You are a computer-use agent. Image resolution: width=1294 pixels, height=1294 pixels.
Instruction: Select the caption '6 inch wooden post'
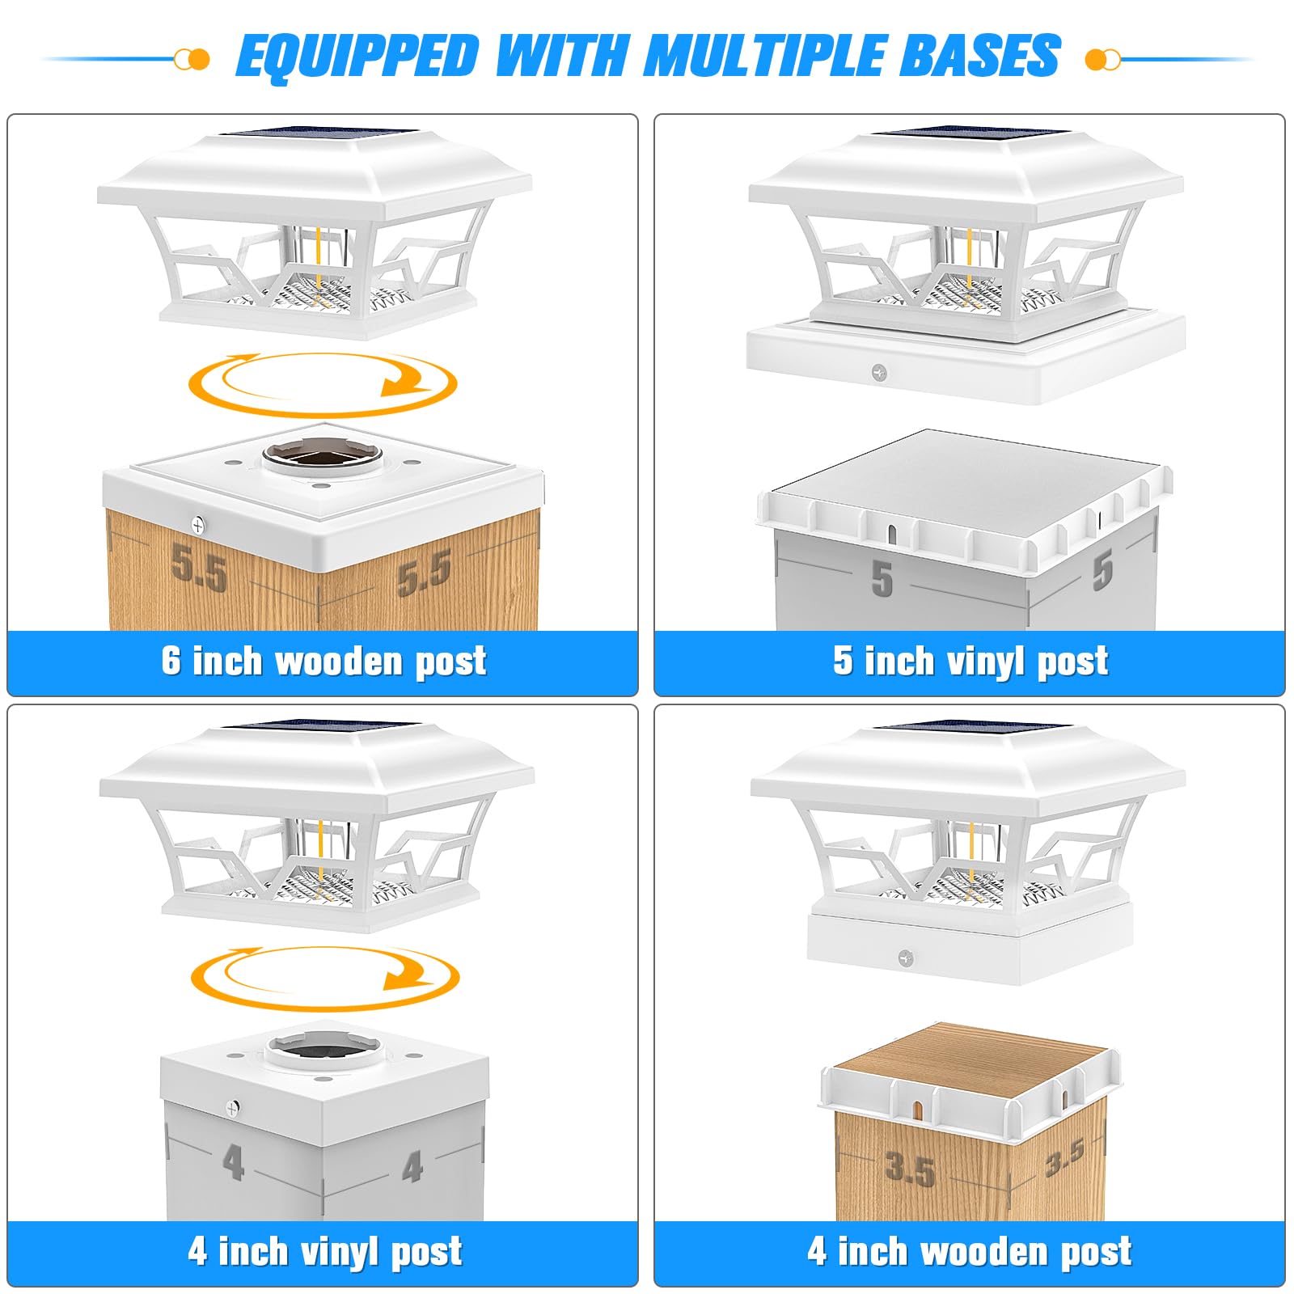pos(323,662)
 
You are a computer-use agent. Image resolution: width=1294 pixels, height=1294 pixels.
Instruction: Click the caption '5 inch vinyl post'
pos(970,662)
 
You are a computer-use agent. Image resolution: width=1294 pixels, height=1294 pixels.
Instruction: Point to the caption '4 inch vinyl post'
pos(325,1251)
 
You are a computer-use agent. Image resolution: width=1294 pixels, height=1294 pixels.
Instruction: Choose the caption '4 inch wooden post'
pos(970,1251)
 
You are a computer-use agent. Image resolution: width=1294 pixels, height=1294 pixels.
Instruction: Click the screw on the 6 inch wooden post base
pos(198,526)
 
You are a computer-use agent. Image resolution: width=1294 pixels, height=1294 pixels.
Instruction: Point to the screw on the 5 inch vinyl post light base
pos(879,373)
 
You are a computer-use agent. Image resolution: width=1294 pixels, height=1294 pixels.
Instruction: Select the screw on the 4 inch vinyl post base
pos(233,1107)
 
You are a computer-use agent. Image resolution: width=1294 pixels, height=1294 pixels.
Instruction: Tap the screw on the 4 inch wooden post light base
pos(906,958)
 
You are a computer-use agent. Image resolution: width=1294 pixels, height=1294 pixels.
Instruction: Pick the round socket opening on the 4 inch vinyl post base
pos(323,1049)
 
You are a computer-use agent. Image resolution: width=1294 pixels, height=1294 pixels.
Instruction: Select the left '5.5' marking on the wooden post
pos(199,568)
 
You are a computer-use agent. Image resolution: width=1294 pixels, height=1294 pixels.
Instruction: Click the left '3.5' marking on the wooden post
pos(911,1169)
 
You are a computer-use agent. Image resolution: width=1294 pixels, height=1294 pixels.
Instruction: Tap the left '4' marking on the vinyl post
pos(233,1163)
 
